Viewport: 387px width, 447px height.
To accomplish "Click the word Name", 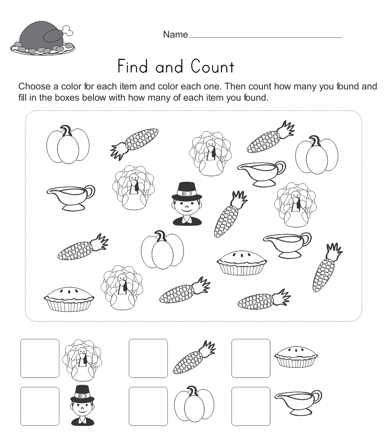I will click(175, 35).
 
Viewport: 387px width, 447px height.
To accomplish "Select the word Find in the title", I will click(134, 67).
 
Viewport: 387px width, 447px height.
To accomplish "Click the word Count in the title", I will click(213, 67).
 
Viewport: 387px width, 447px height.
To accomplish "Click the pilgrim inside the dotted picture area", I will click(187, 204).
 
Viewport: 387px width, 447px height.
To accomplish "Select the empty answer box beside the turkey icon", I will click(40, 358).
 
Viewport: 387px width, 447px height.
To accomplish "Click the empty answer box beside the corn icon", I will click(148, 358).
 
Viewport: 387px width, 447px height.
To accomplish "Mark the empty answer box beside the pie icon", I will click(251, 358).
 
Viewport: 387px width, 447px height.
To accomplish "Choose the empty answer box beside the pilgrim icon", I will click(40, 406).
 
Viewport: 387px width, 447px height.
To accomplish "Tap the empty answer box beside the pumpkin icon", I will click(148, 406).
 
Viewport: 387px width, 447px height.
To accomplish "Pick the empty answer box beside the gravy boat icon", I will click(251, 406).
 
